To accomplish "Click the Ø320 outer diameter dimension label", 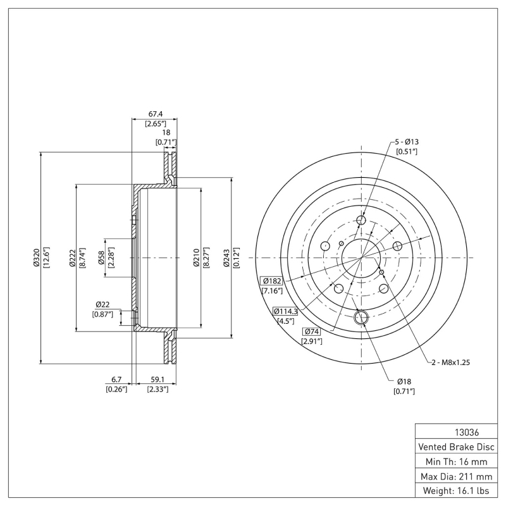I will pos(36,258).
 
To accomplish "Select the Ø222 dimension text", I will pos(73,258).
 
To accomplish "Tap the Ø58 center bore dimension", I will pos(101,258).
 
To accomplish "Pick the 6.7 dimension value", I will pos(116,379).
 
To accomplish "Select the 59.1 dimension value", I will pos(156,379).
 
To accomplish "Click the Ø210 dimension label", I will pos(196,258).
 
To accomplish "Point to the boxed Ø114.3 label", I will pos(286,311).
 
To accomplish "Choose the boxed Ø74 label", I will pos(311,331).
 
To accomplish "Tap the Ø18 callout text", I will pos(404,381).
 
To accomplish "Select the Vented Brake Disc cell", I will pos(457,447).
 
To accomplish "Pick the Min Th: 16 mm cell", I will pos(457,461).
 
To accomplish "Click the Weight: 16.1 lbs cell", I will pos(457,490).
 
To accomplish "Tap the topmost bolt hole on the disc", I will pos(361,220).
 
